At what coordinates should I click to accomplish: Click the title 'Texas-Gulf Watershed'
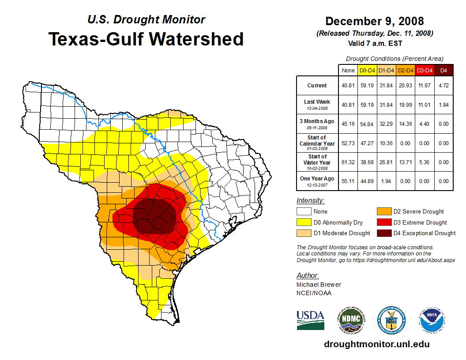pyautogui.click(x=146, y=39)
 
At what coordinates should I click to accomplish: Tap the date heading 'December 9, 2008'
pyautogui.click(x=375, y=21)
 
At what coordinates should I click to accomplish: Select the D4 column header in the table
pyautogui.click(x=443, y=71)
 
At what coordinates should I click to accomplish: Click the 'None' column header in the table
pyautogui.click(x=348, y=71)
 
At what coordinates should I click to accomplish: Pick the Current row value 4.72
pyautogui.click(x=443, y=86)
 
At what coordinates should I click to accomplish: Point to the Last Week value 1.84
pyautogui.click(x=443, y=105)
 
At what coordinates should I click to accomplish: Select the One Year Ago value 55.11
pyautogui.click(x=348, y=181)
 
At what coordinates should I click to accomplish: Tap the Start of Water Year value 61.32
pyautogui.click(x=348, y=162)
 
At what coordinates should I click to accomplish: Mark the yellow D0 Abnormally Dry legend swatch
pyautogui.click(x=304, y=222)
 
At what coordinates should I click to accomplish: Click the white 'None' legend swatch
pyautogui.click(x=304, y=212)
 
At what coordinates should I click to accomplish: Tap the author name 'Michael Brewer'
pyautogui.click(x=319, y=285)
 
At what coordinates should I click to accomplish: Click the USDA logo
pyautogui.click(x=310, y=320)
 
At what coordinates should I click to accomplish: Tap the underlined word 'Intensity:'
pyautogui.click(x=310, y=201)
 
